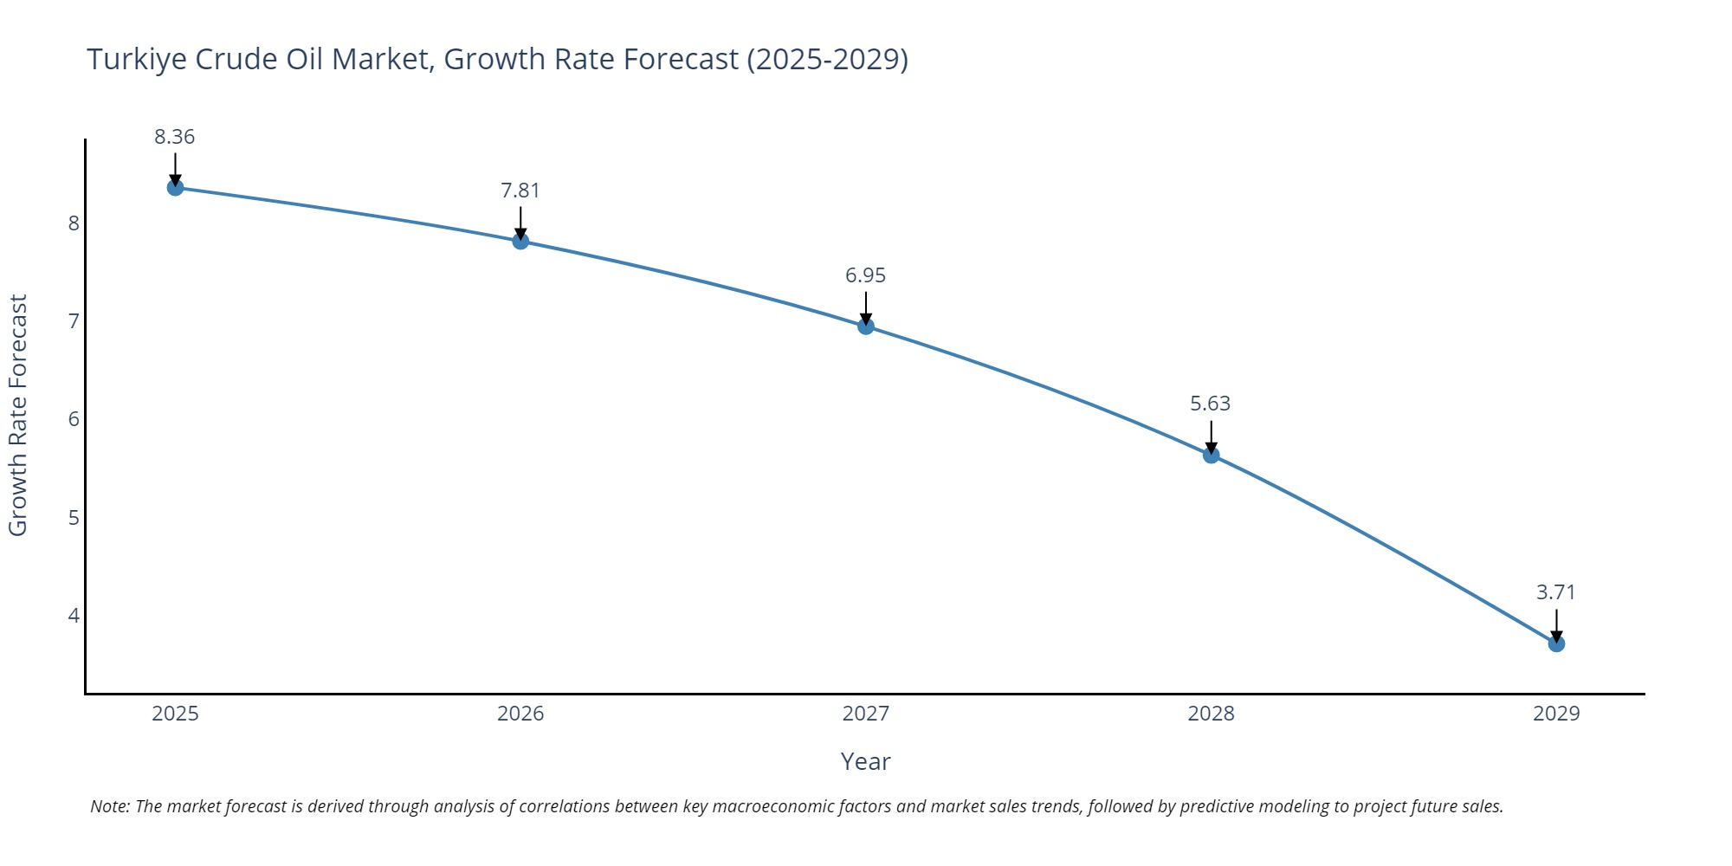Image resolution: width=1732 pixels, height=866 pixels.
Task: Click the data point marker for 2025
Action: click(x=175, y=187)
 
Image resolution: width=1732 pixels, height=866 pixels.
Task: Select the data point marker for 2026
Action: click(x=520, y=241)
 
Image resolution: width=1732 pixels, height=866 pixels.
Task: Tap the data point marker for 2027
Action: click(x=866, y=326)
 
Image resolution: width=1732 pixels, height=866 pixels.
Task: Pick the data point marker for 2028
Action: click(x=1211, y=455)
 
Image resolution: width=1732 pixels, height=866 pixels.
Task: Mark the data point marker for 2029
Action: click(x=1556, y=643)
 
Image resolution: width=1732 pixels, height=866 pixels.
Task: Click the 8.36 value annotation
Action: click(x=175, y=137)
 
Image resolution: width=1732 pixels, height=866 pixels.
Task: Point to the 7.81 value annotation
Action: click(x=520, y=191)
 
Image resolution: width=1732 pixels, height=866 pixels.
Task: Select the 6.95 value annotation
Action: click(x=866, y=275)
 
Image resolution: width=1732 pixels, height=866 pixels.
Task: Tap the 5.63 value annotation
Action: click(x=1211, y=404)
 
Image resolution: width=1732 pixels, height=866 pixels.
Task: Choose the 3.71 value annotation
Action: click(x=1556, y=592)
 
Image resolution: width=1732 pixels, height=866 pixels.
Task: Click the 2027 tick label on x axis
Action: click(x=866, y=714)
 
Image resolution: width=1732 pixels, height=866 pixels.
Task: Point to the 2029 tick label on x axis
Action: click(x=1556, y=714)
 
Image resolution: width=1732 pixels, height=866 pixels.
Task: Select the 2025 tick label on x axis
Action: click(x=175, y=714)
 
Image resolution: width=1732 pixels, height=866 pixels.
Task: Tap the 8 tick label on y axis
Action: click(x=74, y=223)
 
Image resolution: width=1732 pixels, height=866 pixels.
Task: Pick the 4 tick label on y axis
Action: click(x=74, y=616)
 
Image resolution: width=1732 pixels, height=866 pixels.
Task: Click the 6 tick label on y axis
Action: click(x=74, y=419)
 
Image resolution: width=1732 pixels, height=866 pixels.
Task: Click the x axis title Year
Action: click(x=866, y=761)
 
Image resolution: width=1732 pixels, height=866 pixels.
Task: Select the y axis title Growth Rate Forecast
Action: click(x=18, y=416)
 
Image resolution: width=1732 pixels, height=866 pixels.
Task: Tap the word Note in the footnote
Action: click(x=109, y=806)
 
